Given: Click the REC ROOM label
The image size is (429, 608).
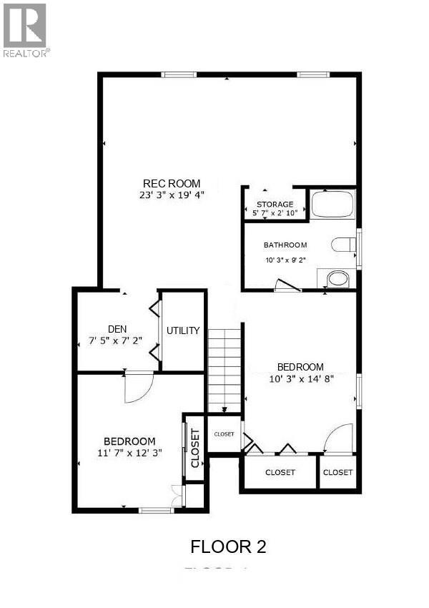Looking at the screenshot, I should (172, 183).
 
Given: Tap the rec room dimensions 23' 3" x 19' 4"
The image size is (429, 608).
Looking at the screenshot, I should (172, 195).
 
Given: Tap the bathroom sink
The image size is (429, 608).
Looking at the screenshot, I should (337, 278).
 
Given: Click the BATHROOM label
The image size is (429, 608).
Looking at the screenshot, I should (285, 245).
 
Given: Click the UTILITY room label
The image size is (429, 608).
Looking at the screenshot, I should (183, 331).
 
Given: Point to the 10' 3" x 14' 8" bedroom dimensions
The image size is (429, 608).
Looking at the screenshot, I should (300, 378).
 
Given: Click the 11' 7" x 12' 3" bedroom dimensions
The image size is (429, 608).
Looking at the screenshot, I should (129, 452).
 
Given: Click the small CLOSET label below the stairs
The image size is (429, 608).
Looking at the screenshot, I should (224, 434).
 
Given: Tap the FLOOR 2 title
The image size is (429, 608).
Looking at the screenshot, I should (228, 547).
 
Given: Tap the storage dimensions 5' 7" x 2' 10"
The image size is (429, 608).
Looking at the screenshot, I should (275, 213).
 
